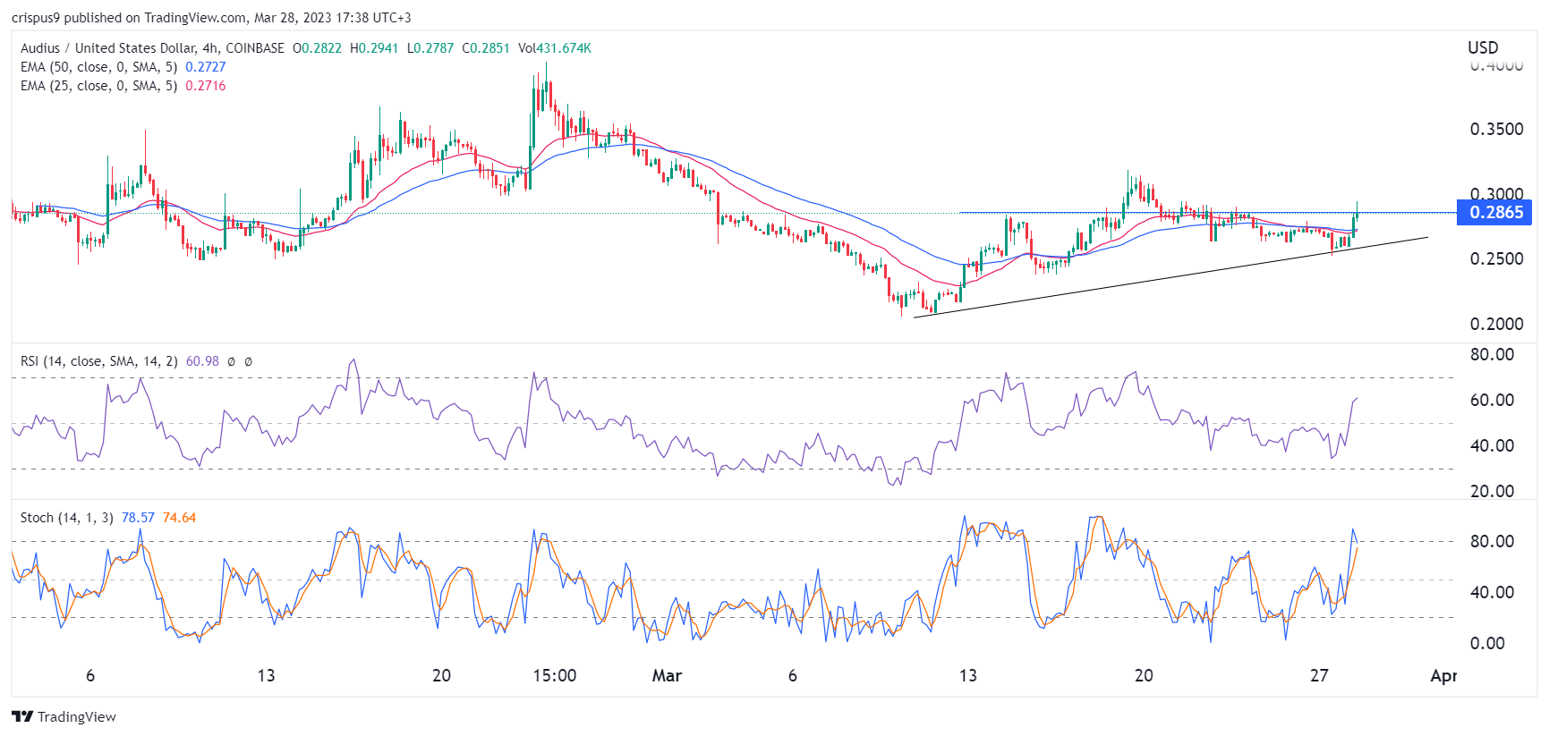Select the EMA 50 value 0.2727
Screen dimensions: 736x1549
205,67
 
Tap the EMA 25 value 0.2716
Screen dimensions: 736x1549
205,86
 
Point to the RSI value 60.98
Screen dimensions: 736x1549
202,361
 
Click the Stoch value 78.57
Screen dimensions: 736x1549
138,518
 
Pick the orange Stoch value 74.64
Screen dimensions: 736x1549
179,518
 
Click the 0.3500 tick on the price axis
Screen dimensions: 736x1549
1496,129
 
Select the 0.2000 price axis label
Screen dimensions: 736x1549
1496,324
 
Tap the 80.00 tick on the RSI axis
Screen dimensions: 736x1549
1492,354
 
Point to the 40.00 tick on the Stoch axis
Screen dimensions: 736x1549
1492,592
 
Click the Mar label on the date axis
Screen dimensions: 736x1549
667,675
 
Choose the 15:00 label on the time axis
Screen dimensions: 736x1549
554,675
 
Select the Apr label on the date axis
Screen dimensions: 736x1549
1443,675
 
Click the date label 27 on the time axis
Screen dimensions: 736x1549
1319,675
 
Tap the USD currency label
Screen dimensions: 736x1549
1483,47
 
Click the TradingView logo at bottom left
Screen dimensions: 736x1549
64,716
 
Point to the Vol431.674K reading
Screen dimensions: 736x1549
555,48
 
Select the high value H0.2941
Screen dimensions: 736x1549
374,48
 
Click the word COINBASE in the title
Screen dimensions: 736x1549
255,48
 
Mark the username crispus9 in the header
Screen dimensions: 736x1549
36,17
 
